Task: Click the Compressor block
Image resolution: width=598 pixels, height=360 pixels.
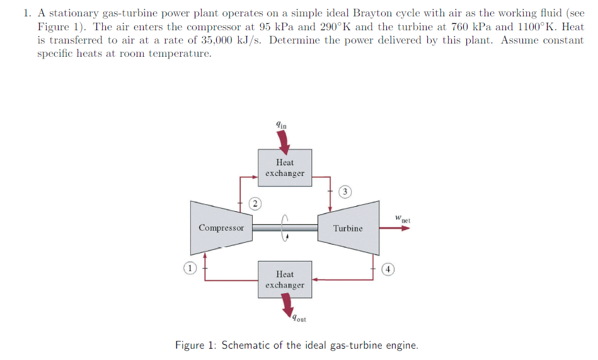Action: pyautogui.click(x=221, y=228)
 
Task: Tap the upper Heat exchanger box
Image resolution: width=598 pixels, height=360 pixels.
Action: pyautogui.click(x=285, y=168)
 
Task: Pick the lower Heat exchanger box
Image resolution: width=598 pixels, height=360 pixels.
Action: pyautogui.click(x=285, y=279)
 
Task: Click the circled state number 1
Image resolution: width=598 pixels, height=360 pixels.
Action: pyautogui.click(x=188, y=268)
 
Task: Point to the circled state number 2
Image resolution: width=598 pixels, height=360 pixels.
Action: pyautogui.click(x=254, y=203)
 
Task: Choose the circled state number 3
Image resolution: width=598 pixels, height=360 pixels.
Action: pyautogui.click(x=345, y=191)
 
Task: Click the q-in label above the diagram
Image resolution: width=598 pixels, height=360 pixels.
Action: pyautogui.click(x=281, y=125)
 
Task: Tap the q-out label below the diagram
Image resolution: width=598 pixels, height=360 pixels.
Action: pyautogui.click(x=298, y=318)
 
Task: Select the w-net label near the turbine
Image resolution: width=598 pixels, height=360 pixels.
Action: pyautogui.click(x=403, y=219)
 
